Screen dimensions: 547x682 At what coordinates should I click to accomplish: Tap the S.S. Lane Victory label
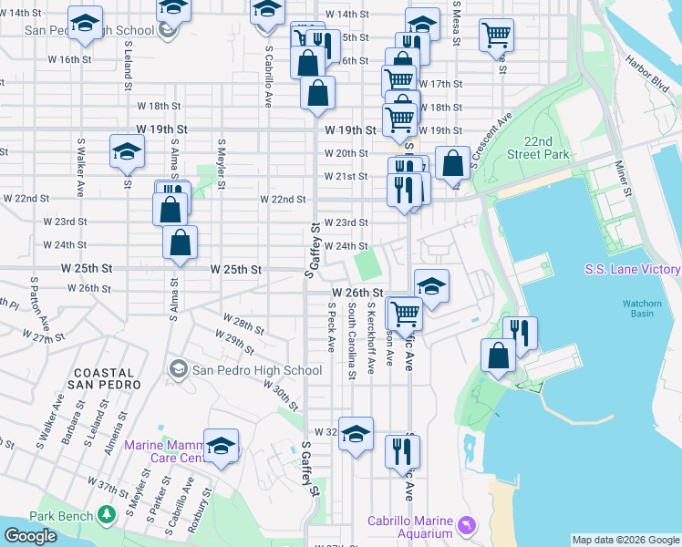tap(632, 270)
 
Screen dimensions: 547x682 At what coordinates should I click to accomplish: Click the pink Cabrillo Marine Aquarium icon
tap(468, 526)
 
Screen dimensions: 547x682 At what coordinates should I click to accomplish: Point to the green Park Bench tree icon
tap(108, 516)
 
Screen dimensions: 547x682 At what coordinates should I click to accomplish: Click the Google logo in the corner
tap(29, 536)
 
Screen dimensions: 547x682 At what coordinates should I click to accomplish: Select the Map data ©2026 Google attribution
tap(625, 540)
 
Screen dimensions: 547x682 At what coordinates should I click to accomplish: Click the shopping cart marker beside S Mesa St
tap(496, 36)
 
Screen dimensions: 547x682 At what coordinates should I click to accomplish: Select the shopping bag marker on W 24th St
tap(181, 243)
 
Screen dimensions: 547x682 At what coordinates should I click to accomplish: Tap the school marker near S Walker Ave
tap(127, 151)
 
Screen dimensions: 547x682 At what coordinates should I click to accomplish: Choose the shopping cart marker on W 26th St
tap(405, 314)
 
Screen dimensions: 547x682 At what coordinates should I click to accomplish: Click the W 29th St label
tap(234, 343)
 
